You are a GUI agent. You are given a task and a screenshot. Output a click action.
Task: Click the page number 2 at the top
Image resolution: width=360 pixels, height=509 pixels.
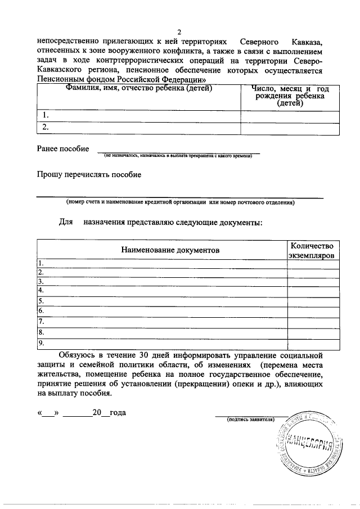[x=179, y=31]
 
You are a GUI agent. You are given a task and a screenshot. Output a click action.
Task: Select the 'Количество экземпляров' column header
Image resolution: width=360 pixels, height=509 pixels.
[x=312, y=250]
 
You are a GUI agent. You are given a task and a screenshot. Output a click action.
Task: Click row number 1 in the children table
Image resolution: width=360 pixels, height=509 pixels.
[x=47, y=116]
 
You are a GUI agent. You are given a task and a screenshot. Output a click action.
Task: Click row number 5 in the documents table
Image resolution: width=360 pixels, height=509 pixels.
[x=40, y=301]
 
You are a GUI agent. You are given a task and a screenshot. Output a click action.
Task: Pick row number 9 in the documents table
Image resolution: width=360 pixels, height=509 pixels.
[x=40, y=343]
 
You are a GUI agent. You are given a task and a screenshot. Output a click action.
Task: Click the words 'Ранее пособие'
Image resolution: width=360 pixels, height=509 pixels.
[x=62, y=148]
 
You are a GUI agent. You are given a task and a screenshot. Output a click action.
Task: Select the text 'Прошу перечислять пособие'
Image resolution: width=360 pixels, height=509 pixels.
[x=89, y=174]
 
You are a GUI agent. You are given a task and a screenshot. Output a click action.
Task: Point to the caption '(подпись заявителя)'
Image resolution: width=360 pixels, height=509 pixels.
[x=250, y=420]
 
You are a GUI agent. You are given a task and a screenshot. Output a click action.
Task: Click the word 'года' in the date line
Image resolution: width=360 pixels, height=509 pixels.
[x=117, y=412]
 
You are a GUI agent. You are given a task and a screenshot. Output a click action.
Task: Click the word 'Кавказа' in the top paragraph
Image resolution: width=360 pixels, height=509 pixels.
[x=307, y=42]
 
